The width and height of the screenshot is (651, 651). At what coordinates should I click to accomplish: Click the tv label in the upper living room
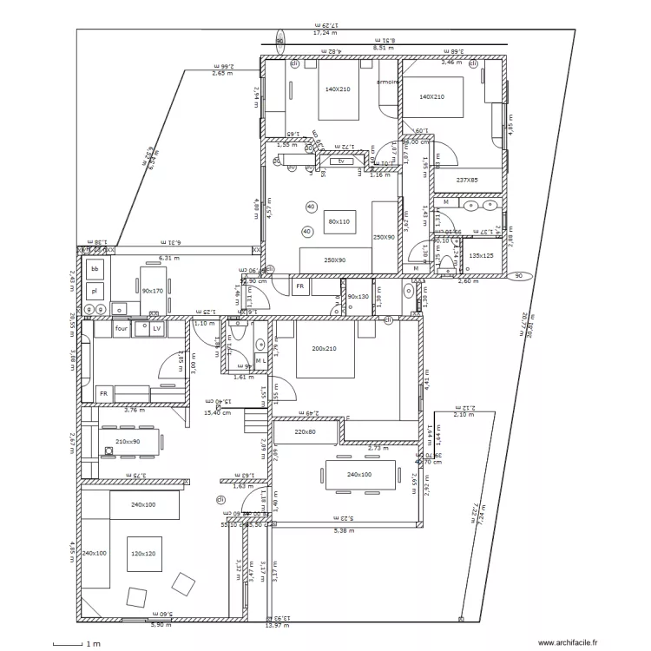[341, 161]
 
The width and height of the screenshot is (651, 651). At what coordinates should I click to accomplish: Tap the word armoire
[387, 82]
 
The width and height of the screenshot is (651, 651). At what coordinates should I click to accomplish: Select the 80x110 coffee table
[338, 222]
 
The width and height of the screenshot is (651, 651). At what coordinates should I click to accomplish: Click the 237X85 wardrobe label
[467, 180]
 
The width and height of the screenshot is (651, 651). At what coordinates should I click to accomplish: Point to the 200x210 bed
[324, 349]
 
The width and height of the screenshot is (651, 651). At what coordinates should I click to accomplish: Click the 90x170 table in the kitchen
[153, 291]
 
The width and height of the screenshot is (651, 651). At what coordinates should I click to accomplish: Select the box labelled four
[121, 329]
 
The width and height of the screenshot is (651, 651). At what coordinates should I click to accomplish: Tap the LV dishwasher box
[156, 329]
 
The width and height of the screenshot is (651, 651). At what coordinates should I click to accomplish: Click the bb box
[94, 270]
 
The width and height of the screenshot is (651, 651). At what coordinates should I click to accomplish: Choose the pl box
[94, 292]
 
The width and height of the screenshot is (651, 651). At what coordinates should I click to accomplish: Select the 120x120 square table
[144, 553]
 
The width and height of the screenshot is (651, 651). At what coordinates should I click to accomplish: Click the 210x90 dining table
[128, 442]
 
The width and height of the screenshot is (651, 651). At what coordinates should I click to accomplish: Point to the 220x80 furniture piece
[306, 431]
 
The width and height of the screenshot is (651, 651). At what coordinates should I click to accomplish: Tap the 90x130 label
[358, 297]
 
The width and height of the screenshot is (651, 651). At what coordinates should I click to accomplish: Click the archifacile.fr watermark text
[568, 643]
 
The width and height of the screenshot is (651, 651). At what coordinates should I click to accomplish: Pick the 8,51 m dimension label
[385, 48]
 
